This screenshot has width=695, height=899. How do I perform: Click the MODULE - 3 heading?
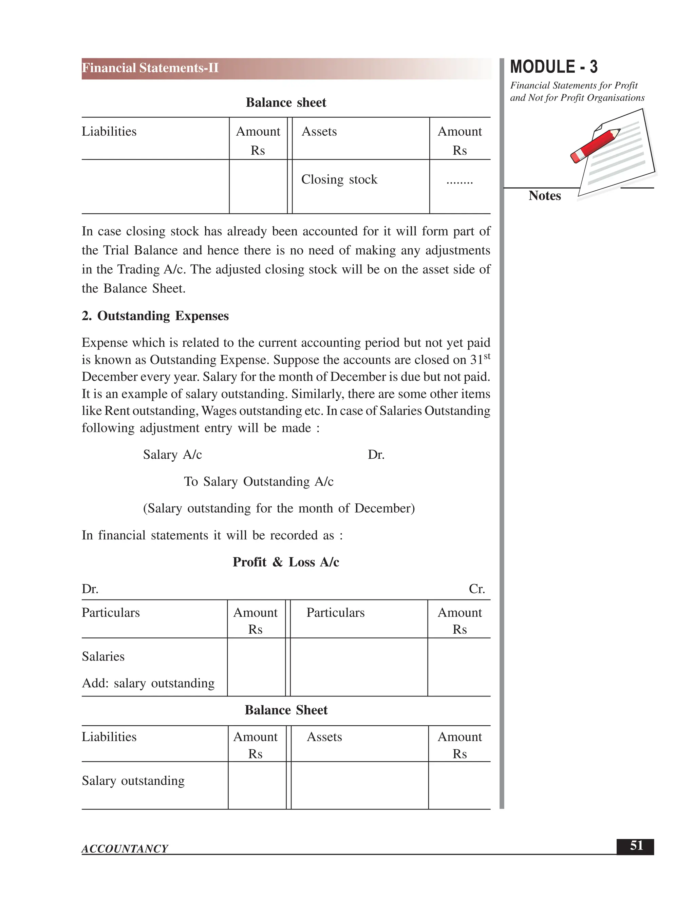point(553,67)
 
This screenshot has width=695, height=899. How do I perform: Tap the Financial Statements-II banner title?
point(150,68)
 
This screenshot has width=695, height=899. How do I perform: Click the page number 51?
point(636,845)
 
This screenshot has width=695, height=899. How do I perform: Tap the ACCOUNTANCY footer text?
point(125,848)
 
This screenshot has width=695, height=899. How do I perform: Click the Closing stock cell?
point(339,179)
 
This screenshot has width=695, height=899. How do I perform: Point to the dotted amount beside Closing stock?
point(459,181)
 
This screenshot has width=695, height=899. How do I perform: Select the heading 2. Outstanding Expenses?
point(155,316)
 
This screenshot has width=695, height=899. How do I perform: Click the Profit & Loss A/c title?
point(286,562)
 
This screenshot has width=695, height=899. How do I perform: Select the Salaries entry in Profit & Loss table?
point(103,656)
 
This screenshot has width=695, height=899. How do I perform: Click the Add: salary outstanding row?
point(148,683)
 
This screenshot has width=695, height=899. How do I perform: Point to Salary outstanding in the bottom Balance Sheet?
point(133,781)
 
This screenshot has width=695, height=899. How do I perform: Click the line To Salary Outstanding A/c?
point(259,482)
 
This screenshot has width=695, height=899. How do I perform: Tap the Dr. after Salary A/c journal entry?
point(376,455)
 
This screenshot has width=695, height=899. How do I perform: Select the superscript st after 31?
point(487,356)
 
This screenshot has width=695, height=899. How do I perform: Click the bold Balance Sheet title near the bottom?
point(286,710)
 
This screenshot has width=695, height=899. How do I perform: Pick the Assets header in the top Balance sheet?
point(319,132)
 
